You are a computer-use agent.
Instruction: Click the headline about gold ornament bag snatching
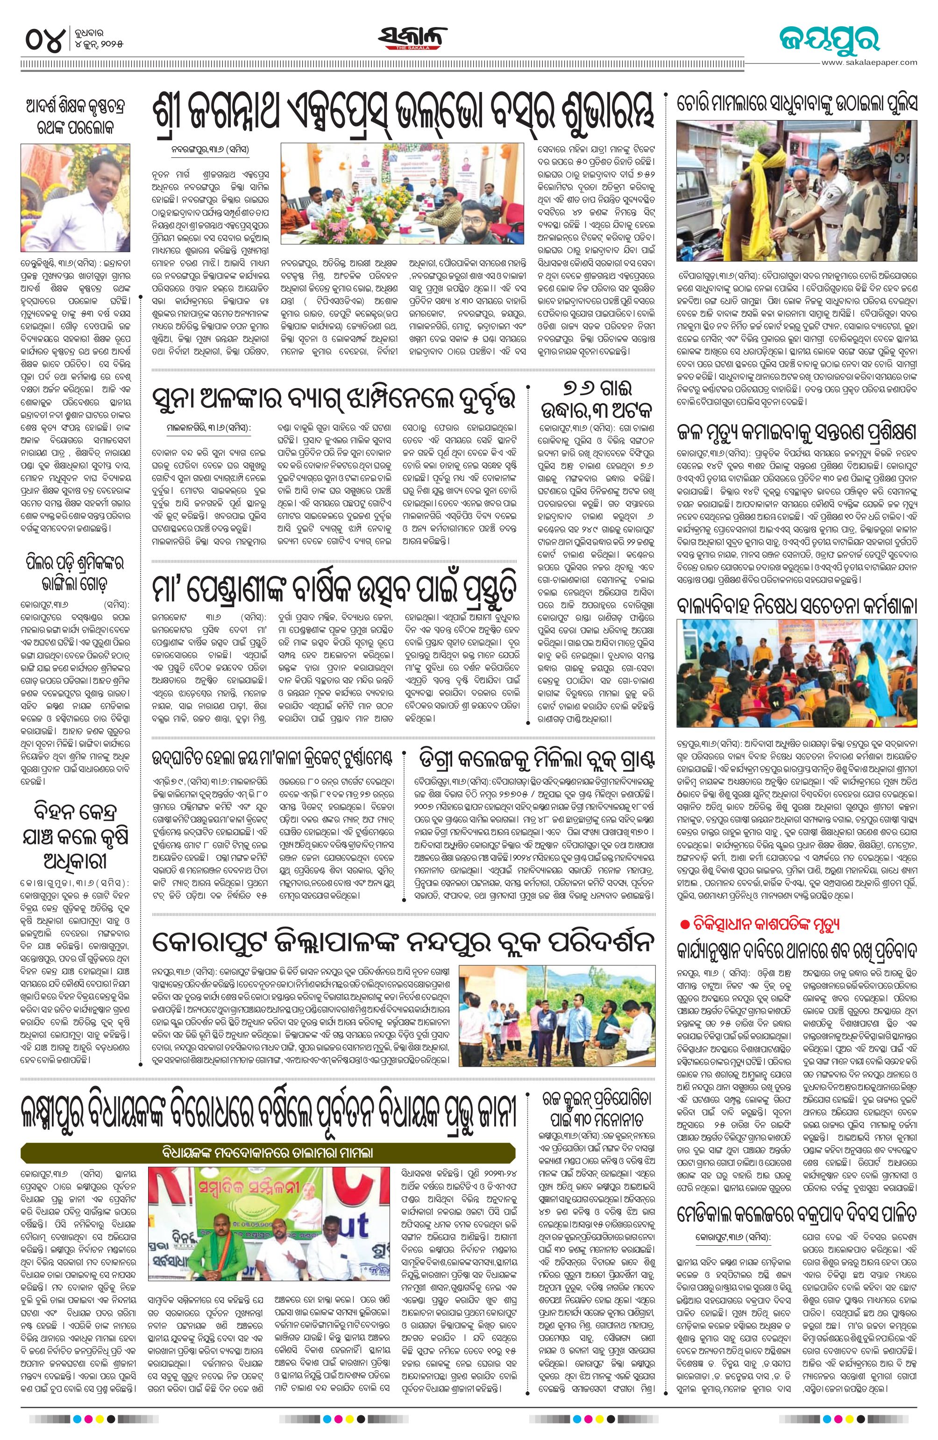click(x=334, y=399)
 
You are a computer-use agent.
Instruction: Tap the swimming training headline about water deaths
click(x=796, y=433)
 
